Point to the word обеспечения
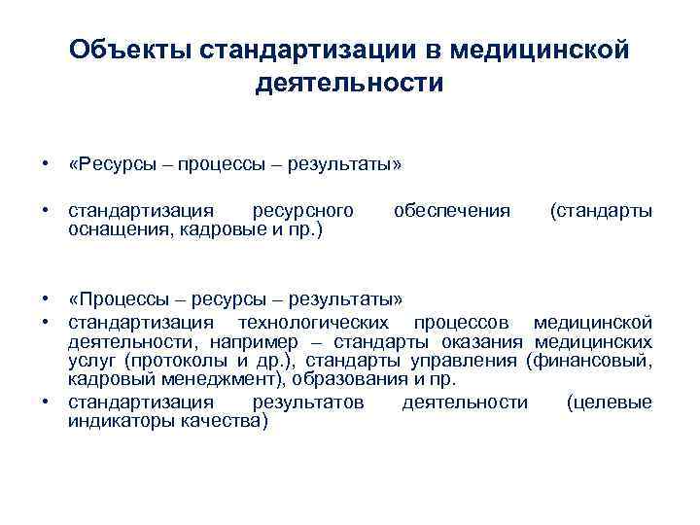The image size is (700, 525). [x=451, y=211]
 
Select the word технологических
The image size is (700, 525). [x=308, y=322]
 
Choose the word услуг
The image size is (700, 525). [x=88, y=362]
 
